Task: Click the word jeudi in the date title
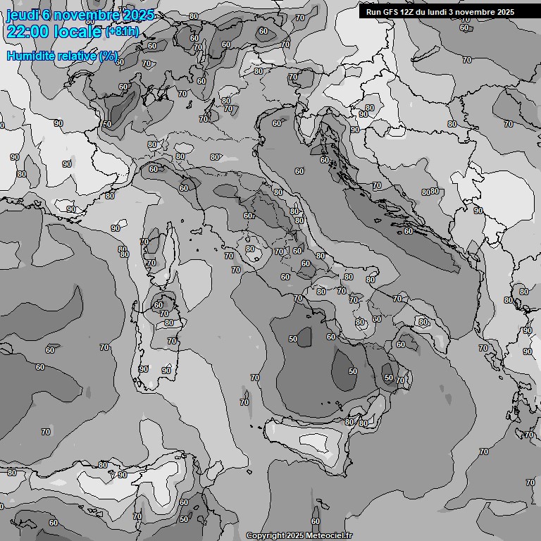coord(22,15)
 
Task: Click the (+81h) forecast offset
coord(122,32)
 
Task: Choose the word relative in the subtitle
coord(75,56)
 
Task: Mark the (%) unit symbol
coord(108,56)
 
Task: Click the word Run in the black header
coord(373,12)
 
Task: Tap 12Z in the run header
coord(409,12)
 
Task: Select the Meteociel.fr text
coord(328,535)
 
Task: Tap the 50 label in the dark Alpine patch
coord(107,124)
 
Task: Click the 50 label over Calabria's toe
coord(389,378)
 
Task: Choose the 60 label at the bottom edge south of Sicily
coord(316,522)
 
